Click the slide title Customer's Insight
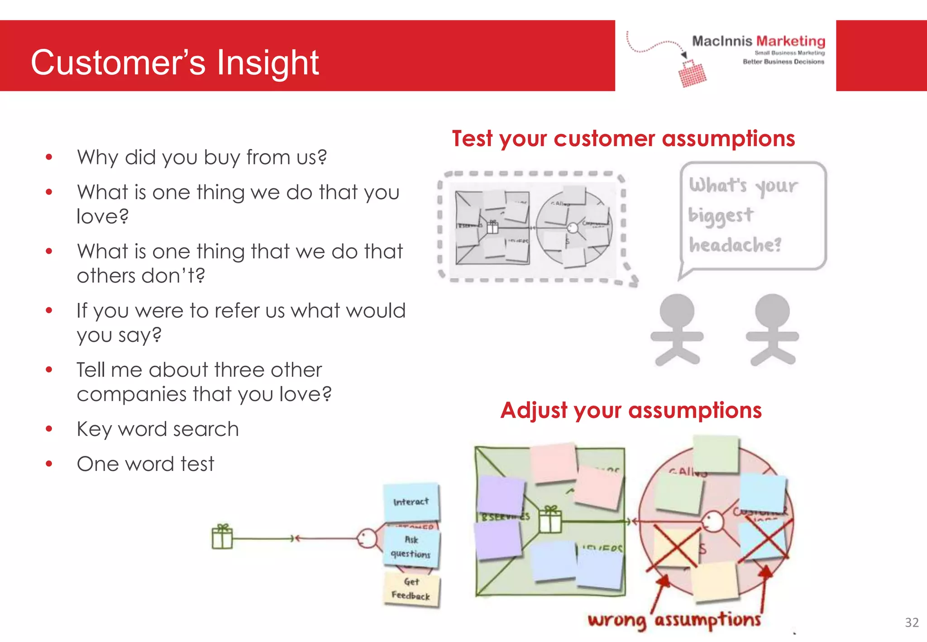coord(175,62)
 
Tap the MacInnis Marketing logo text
coord(758,41)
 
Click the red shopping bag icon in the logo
coord(692,74)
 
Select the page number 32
coord(912,623)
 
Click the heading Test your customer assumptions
coord(623,139)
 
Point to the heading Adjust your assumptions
coord(631,410)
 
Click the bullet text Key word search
coord(158,429)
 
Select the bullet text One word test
coord(145,464)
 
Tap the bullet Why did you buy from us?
coord(202,158)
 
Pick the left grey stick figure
coord(677,330)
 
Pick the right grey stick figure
coord(772,330)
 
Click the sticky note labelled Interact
coord(411,502)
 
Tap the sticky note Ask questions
coord(411,547)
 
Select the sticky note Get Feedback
coord(411,589)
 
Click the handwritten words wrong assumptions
coord(674,619)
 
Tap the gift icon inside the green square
coord(550,520)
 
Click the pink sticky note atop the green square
coord(553,463)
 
